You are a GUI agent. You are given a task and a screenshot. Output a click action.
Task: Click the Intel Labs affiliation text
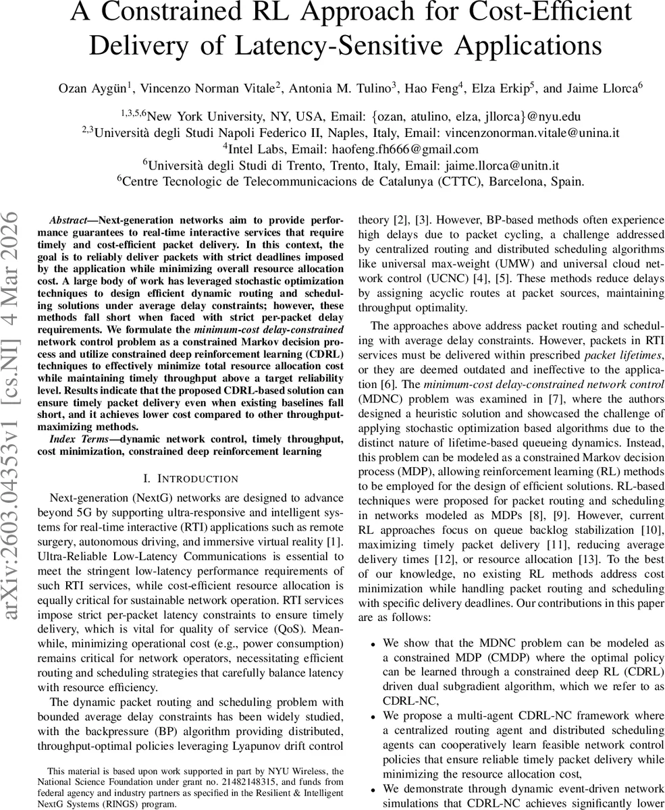click(258, 149)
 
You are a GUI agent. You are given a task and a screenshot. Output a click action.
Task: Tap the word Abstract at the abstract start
click(68, 221)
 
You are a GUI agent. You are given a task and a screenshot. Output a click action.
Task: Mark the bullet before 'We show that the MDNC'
click(373, 644)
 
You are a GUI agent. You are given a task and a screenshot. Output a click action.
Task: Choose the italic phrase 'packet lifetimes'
click(620, 354)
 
